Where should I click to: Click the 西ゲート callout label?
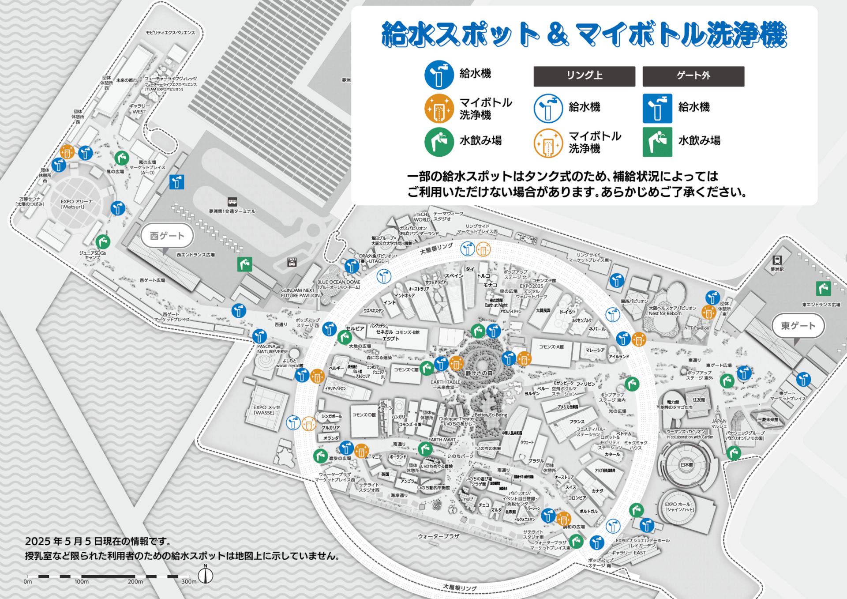(x=167, y=236)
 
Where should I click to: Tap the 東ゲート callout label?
(x=798, y=326)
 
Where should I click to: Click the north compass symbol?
(x=206, y=575)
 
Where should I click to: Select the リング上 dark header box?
(x=584, y=76)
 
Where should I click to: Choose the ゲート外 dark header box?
(x=693, y=76)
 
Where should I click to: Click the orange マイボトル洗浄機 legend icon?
(x=439, y=109)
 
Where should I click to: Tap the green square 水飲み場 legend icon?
(x=657, y=142)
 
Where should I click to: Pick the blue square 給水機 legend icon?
(x=657, y=109)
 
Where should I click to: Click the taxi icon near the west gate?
(x=292, y=262)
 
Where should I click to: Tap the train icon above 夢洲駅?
(x=777, y=260)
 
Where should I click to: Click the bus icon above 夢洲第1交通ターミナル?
(x=232, y=202)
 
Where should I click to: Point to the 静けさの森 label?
(x=479, y=373)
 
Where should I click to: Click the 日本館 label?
(x=686, y=465)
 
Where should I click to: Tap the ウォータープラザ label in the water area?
(x=438, y=536)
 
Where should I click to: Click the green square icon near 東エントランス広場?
(x=823, y=289)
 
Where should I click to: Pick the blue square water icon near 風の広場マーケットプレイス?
(x=176, y=182)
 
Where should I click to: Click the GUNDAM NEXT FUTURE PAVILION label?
(x=300, y=293)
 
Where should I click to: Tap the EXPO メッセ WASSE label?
(x=266, y=410)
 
